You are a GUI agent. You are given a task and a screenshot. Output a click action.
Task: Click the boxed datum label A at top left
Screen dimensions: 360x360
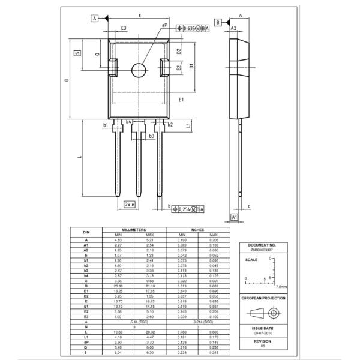(95, 19)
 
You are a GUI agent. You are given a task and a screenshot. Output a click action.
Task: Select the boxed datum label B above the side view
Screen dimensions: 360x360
(218, 22)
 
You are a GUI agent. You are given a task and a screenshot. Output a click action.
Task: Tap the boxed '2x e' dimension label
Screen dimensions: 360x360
(129, 205)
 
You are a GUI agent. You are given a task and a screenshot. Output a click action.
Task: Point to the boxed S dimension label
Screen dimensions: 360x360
(77, 53)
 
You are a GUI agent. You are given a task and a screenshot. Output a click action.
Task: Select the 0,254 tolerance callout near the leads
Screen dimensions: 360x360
(188, 209)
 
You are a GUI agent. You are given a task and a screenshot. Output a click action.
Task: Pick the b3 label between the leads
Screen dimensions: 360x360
(151, 136)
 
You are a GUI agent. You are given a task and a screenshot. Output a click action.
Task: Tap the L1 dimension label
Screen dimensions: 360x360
(188, 125)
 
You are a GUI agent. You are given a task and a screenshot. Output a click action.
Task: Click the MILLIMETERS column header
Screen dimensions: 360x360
(134, 229)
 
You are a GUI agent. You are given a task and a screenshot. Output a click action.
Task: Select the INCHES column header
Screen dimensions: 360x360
(197, 229)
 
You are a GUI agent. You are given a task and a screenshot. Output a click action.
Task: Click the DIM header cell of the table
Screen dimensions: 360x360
(86, 232)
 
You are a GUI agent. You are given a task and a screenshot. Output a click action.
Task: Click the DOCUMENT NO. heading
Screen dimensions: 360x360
(264, 245)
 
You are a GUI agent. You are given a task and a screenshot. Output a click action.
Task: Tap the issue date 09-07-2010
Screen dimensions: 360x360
(264, 333)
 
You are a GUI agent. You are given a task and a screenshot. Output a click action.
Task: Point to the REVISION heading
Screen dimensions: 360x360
(264, 340)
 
